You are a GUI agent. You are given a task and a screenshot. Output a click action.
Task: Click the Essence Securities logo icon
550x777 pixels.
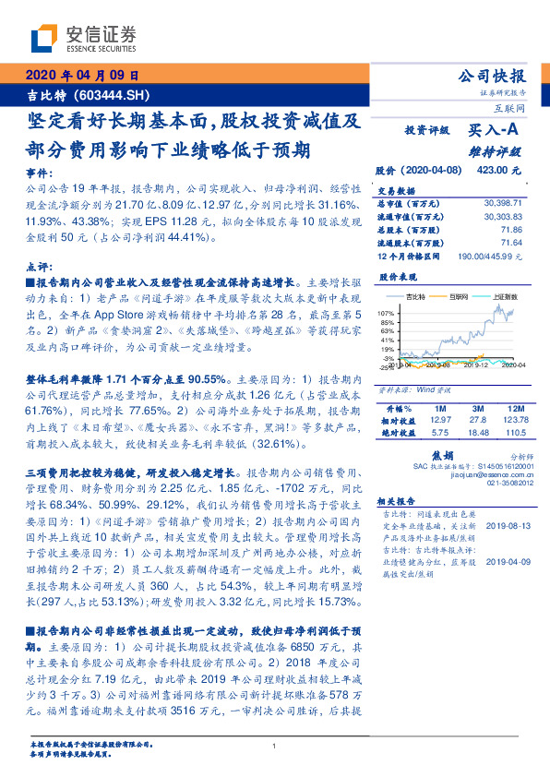[x=42, y=39]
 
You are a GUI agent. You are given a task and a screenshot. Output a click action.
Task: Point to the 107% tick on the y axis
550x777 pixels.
[x=386, y=314]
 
